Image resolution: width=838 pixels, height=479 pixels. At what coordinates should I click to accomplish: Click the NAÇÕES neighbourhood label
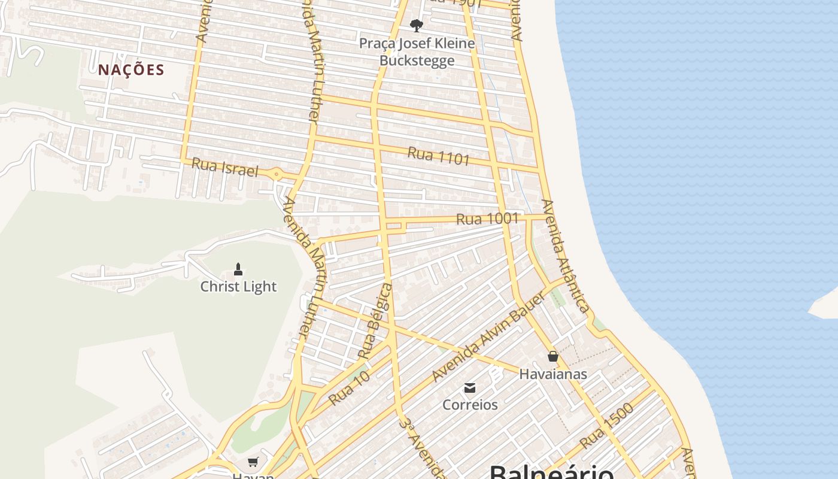coord(131,70)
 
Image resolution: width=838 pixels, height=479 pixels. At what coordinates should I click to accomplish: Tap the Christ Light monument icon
coord(238,269)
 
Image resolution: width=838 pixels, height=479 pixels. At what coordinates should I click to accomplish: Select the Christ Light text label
coord(238,287)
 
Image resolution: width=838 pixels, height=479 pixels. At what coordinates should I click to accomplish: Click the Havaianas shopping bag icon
coord(553,356)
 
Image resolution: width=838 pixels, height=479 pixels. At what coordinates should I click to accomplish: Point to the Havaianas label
coord(553,374)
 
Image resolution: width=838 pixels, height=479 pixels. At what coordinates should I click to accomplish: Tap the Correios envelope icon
coord(470,388)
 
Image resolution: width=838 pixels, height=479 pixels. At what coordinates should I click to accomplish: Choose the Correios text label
coord(470,405)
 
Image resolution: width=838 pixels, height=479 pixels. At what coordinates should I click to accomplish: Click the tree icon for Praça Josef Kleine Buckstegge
coord(417,26)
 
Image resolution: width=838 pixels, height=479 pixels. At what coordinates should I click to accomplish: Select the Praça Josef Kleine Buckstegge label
coord(417,51)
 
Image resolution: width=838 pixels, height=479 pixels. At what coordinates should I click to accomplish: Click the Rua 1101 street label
coord(439,156)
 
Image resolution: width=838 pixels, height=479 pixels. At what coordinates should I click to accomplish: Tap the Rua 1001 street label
coord(487,219)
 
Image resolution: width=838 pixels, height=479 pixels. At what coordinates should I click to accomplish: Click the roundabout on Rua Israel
coord(277,175)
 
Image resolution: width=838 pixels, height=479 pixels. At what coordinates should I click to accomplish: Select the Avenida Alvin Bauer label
coord(488,338)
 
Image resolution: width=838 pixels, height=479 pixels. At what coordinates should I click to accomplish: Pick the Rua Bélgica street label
coord(375,322)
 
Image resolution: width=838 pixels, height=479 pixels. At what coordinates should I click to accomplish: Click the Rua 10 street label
coord(349,388)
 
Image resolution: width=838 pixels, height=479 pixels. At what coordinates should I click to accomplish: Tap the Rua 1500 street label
coord(606,426)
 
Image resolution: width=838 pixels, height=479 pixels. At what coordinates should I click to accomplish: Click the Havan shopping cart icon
coord(253,462)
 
